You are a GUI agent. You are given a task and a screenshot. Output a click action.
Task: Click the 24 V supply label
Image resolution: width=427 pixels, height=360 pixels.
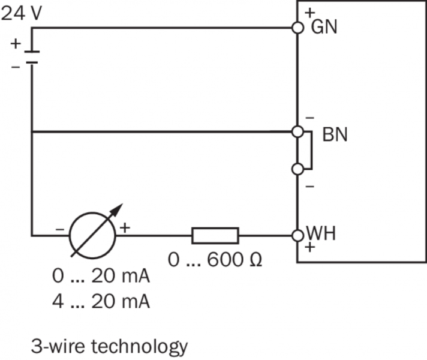point(21,13)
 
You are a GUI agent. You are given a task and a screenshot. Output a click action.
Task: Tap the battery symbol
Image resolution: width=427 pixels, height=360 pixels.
point(32,56)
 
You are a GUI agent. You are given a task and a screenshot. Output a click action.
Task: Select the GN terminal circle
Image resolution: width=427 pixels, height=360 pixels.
point(297,28)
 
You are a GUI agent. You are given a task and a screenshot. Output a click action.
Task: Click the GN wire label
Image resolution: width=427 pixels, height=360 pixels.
point(323,27)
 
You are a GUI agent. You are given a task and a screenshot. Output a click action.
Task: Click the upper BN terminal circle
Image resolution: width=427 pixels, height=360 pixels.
point(297,131)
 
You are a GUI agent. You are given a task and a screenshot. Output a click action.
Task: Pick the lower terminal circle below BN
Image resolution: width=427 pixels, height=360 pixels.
point(297,169)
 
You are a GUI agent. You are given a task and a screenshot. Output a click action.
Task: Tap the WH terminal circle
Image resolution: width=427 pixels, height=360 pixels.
point(297,235)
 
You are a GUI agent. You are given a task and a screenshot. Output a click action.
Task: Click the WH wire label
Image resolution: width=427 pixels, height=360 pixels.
point(321,233)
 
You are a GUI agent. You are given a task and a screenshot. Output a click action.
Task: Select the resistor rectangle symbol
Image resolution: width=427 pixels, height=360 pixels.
point(215,235)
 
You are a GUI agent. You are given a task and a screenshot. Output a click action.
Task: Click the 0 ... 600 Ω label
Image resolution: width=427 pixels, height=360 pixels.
point(215,260)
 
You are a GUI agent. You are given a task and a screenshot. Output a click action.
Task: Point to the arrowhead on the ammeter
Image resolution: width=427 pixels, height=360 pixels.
point(119,208)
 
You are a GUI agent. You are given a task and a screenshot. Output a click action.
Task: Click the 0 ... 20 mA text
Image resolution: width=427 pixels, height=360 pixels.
point(101,277)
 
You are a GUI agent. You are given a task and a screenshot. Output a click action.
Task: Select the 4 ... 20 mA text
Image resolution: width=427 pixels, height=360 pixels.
point(101,301)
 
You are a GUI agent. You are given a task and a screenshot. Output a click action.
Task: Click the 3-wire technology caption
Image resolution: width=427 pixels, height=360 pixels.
point(110,346)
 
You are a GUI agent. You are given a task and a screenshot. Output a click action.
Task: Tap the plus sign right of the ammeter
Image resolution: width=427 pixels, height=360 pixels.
point(125,227)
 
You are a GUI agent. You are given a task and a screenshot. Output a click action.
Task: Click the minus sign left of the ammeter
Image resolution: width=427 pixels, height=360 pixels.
point(59,229)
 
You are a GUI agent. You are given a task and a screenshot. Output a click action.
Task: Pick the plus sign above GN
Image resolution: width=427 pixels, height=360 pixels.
point(310,12)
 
